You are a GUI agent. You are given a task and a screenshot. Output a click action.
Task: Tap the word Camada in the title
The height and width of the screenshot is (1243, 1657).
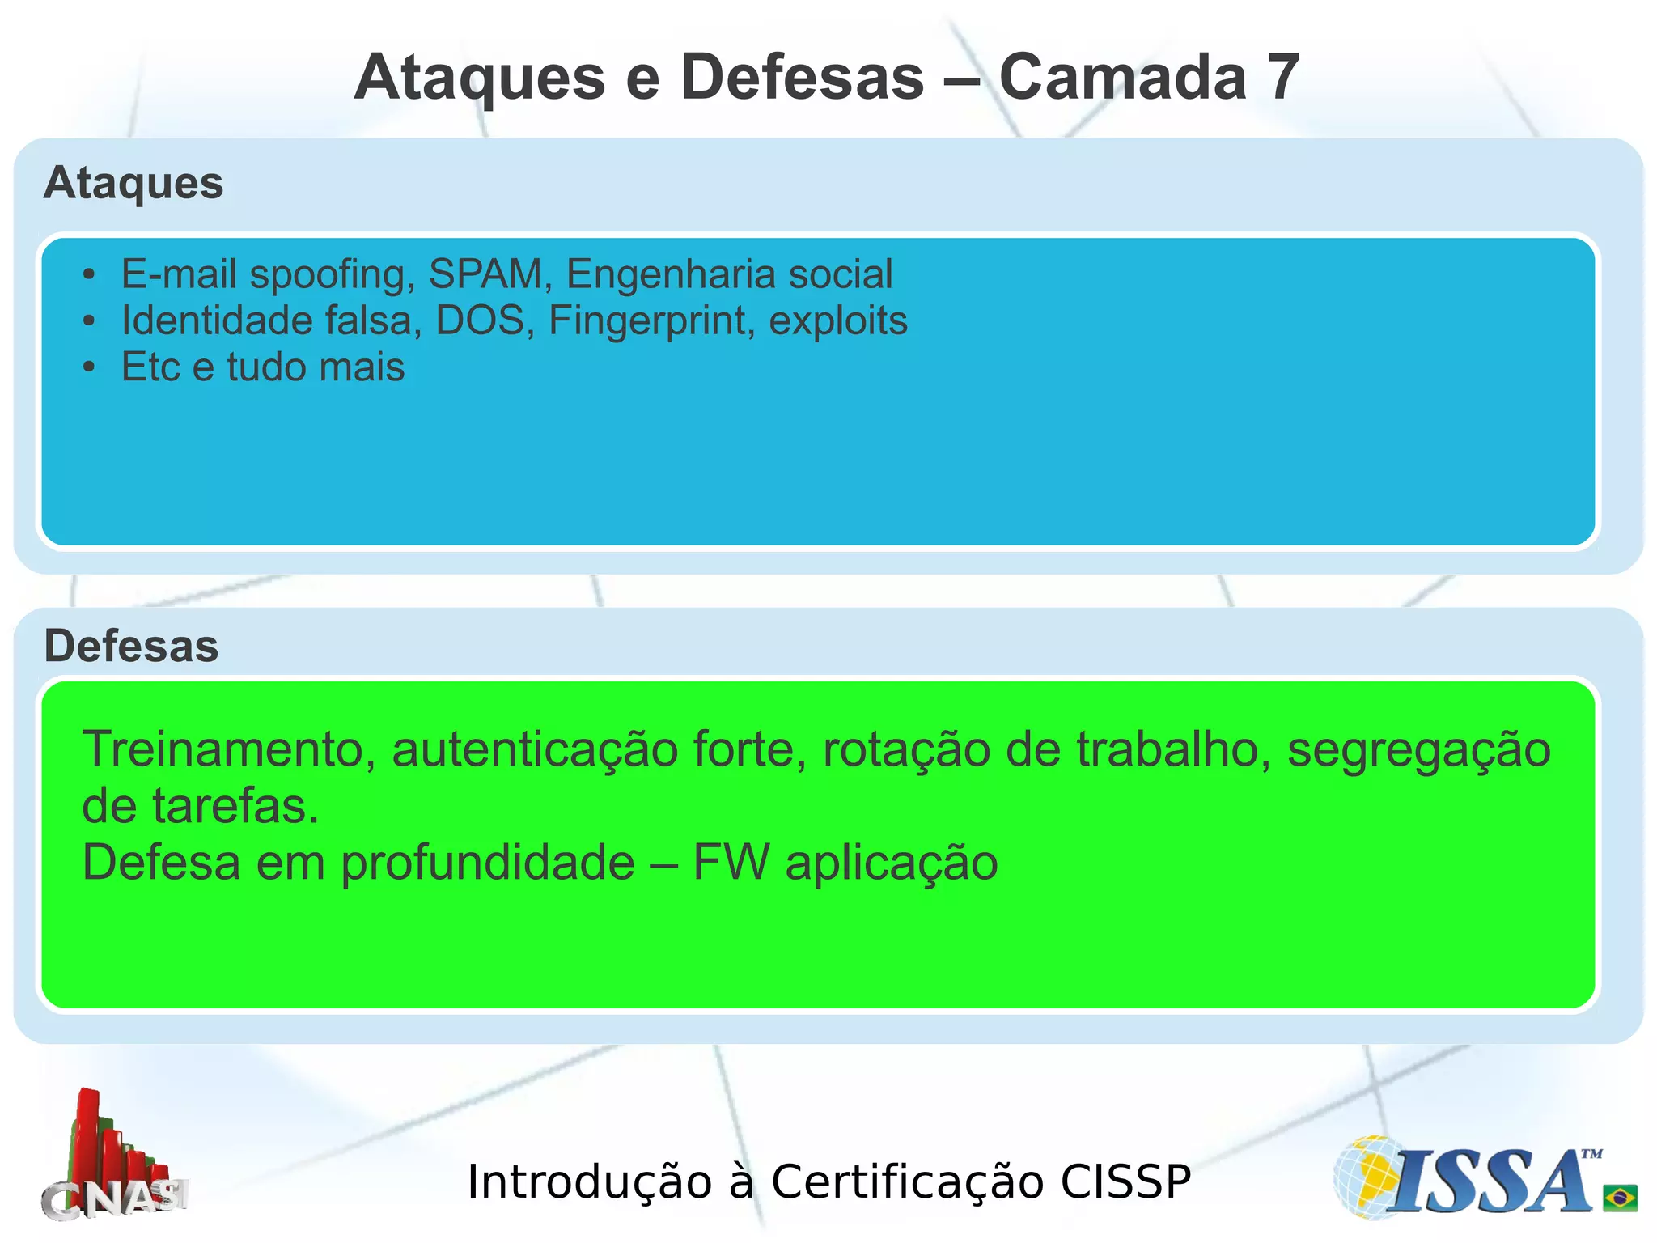tap(1122, 78)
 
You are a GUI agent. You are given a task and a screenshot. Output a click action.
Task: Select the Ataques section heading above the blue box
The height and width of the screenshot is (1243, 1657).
tap(133, 183)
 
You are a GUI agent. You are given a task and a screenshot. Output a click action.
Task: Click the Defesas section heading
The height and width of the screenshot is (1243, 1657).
tap(131, 646)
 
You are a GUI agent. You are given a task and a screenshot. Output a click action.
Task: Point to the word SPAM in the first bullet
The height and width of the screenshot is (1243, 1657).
tap(485, 274)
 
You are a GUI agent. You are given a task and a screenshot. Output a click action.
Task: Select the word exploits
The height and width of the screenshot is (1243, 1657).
tap(837, 321)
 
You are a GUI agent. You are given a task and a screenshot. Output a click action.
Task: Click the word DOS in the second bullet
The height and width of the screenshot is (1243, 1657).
tap(480, 320)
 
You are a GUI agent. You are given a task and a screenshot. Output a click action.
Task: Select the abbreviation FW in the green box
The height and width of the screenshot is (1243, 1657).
tap(731, 863)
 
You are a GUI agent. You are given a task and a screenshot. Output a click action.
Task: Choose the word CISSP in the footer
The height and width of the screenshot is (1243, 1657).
tap(1125, 1181)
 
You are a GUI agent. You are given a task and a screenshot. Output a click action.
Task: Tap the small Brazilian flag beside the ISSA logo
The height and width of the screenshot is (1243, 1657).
tap(1620, 1197)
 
